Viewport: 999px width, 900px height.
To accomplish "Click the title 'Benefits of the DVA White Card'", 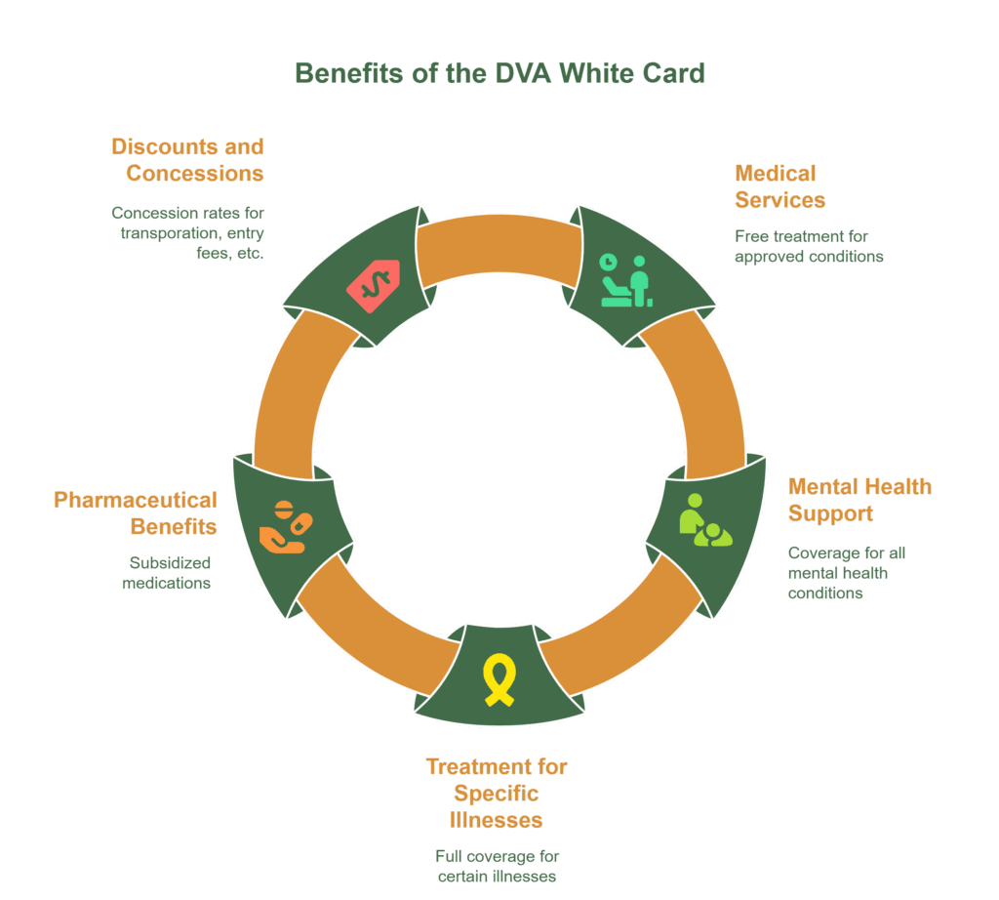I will pos(499,73).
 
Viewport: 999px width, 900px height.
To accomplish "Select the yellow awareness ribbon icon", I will pos(499,681).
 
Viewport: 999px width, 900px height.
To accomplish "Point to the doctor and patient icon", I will pos(624,281).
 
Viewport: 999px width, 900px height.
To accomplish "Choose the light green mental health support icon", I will pos(706,519).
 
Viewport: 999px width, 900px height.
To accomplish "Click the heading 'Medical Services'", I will pos(779,186).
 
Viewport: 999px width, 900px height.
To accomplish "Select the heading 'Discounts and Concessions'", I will pos(187,160).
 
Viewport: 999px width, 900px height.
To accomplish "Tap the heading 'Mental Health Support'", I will pos(859,500).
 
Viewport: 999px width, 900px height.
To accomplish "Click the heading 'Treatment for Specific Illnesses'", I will pos(497,793).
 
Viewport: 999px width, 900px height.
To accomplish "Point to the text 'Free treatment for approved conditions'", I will pos(809,246).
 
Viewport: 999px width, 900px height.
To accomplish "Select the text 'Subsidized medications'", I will pos(167,573).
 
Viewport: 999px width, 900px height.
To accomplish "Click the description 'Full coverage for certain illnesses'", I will pos(497,866).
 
